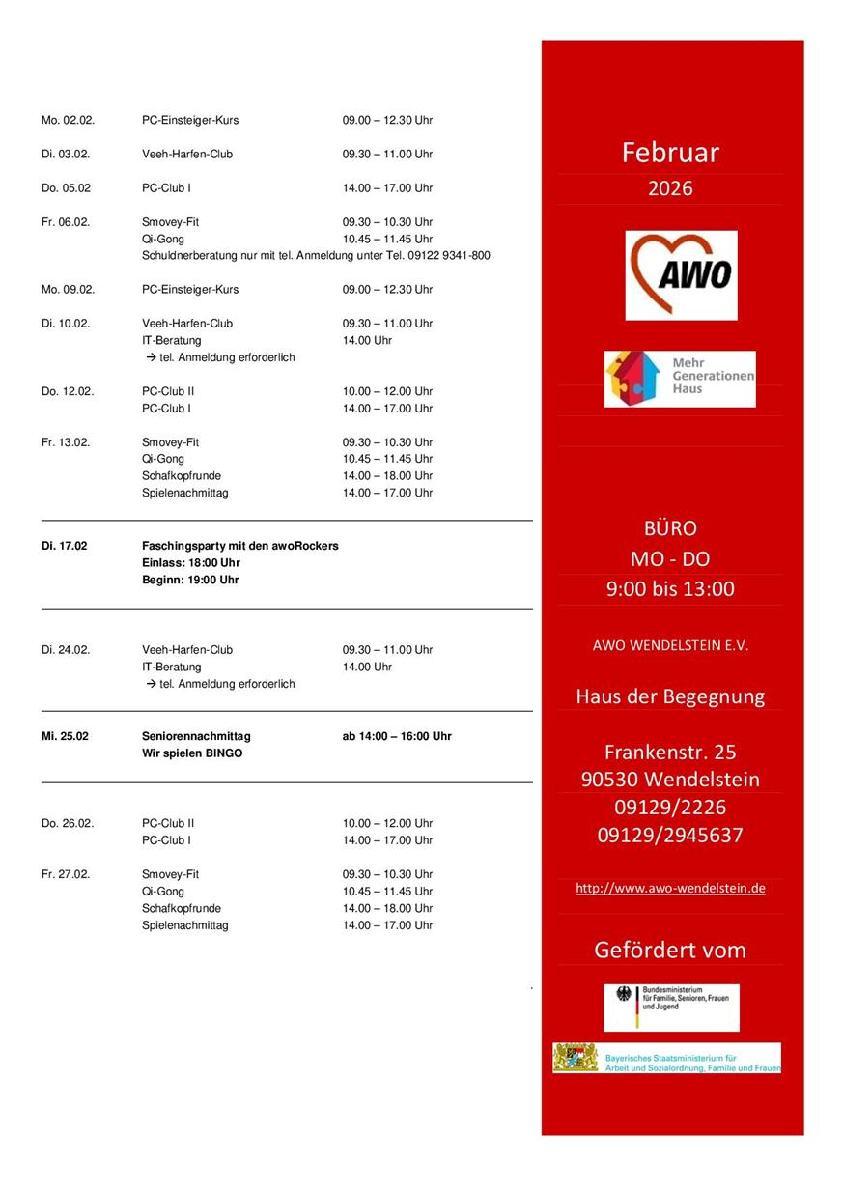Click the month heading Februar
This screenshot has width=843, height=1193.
(x=670, y=153)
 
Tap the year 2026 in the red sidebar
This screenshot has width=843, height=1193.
(x=670, y=188)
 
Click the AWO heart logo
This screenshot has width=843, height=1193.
(x=681, y=274)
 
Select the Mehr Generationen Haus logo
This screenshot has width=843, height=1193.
(x=680, y=379)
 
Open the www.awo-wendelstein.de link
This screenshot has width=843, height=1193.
(x=670, y=888)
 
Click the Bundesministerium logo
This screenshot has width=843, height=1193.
(x=671, y=1008)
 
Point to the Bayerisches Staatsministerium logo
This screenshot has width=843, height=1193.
(x=667, y=1058)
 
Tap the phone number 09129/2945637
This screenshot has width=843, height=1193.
(x=670, y=835)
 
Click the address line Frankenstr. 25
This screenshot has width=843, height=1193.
(x=670, y=752)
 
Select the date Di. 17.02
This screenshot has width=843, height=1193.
(x=64, y=546)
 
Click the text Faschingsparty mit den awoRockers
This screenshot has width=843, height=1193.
(x=240, y=546)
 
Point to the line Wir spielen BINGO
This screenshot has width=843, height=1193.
(x=192, y=753)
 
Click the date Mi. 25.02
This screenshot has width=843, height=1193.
(x=65, y=736)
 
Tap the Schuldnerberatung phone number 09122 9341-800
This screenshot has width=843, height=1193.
(x=451, y=256)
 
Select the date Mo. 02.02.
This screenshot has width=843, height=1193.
(x=66, y=120)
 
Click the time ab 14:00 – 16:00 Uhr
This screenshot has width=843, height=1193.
(x=397, y=736)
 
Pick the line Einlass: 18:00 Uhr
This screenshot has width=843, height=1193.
(x=191, y=563)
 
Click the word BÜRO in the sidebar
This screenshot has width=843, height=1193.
(x=670, y=528)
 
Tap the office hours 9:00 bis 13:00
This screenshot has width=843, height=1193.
(x=670, y=589)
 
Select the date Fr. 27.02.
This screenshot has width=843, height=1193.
(x=66, y=874)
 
